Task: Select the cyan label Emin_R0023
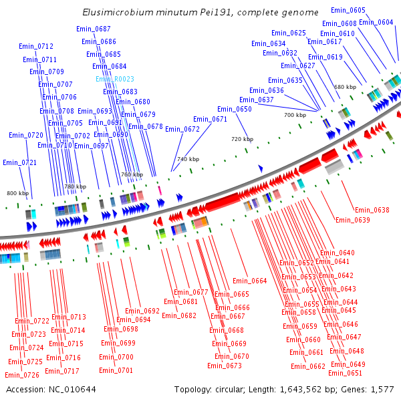(x=115, y=79)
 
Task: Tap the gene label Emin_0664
(x=250, y=281)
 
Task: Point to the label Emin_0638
(x=372, y=210)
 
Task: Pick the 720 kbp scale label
(x=243, y=139)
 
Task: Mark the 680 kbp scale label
(x=346, y=87)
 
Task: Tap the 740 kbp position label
(x=188, y=159)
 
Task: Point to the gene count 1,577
(x=382, y=389)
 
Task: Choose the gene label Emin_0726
(x=22, y=375)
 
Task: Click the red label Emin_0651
(x=345, y=373)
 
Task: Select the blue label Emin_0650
(x=235, y=109)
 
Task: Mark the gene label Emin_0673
(x=225, y=366)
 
